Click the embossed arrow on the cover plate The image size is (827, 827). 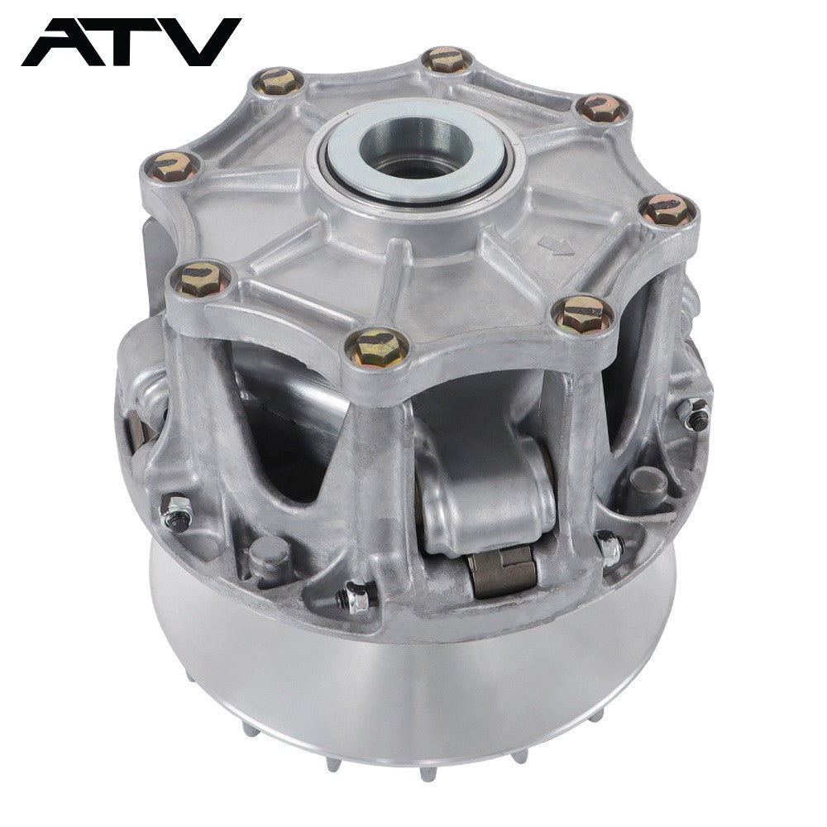(556, 245)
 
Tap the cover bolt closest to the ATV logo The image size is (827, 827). (277, 81)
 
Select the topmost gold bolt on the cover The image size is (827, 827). (447, 59)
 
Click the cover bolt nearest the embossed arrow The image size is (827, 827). (667, 209)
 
